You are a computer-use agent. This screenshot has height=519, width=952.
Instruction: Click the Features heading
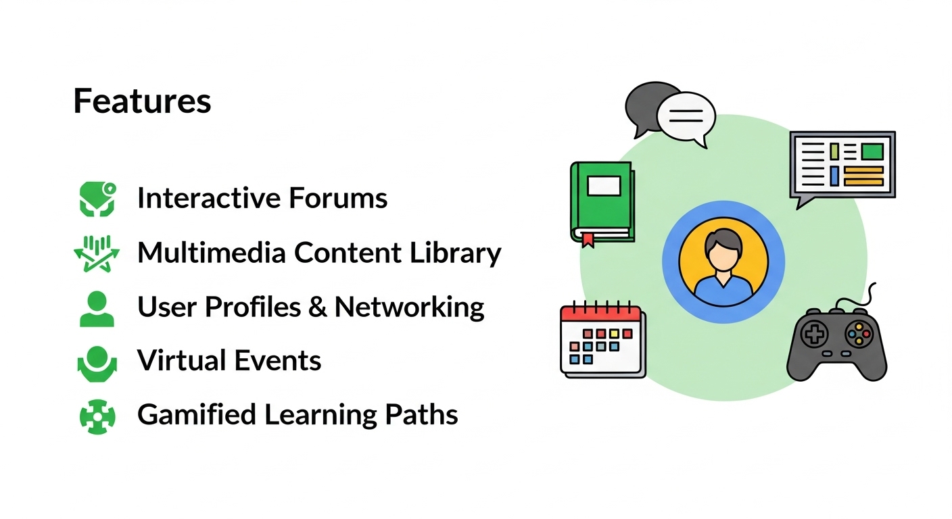pyautogui.click(x=142, y=101)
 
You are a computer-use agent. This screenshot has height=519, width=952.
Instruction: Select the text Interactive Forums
pyautogui.click(x=262, y=198)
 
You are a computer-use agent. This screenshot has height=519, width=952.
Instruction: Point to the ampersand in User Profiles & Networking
pyautogui.click(x=317, y=307)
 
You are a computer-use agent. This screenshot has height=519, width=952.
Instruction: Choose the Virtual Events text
pyautogui.click(x=229, y=361)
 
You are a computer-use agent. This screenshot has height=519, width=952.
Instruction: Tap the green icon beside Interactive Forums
pyautogui.click(x=97, y=199)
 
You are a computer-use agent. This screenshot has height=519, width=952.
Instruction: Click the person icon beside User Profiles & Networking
pyautogui.click(x=97, y=309)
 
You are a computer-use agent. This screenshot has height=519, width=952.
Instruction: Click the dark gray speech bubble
pyautogui.click(x=642, y=105)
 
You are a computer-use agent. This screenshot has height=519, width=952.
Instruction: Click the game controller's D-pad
pyautogui.click(x=814, y=333)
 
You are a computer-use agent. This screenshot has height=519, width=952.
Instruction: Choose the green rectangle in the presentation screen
pyautogui.click(x=872, y=151)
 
